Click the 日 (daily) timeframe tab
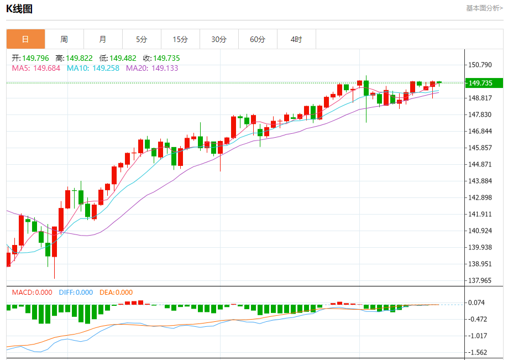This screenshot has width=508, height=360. (x=25, y=39)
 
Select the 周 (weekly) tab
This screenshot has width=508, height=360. (x=64, y=39)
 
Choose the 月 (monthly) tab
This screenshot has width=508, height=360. (x=103, y=39)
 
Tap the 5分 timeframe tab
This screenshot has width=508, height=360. (x=142, y=39)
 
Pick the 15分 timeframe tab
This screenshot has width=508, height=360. (x=180, y=39)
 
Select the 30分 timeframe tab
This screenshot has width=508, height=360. (x=219, y=39)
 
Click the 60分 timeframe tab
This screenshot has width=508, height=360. (x=258, y=39)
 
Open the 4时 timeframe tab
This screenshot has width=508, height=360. (x=296, y=39)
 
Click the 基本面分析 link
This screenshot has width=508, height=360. (x=484, y=8)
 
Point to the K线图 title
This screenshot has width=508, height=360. (x=19, y=8)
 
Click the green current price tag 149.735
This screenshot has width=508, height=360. (x=484, y=83)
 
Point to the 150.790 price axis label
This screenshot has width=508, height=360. (x=480, y=65)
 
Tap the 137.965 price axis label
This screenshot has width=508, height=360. (x=480, y=280)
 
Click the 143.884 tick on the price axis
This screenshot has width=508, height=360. (x=480, y=181)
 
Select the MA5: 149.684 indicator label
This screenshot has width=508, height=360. (x=36, y=68)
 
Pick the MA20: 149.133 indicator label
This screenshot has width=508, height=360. (x=152, y=68)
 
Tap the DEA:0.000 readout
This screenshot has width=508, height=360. (x=116, y=293)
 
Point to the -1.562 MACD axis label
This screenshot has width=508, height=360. (x=478, y=352)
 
